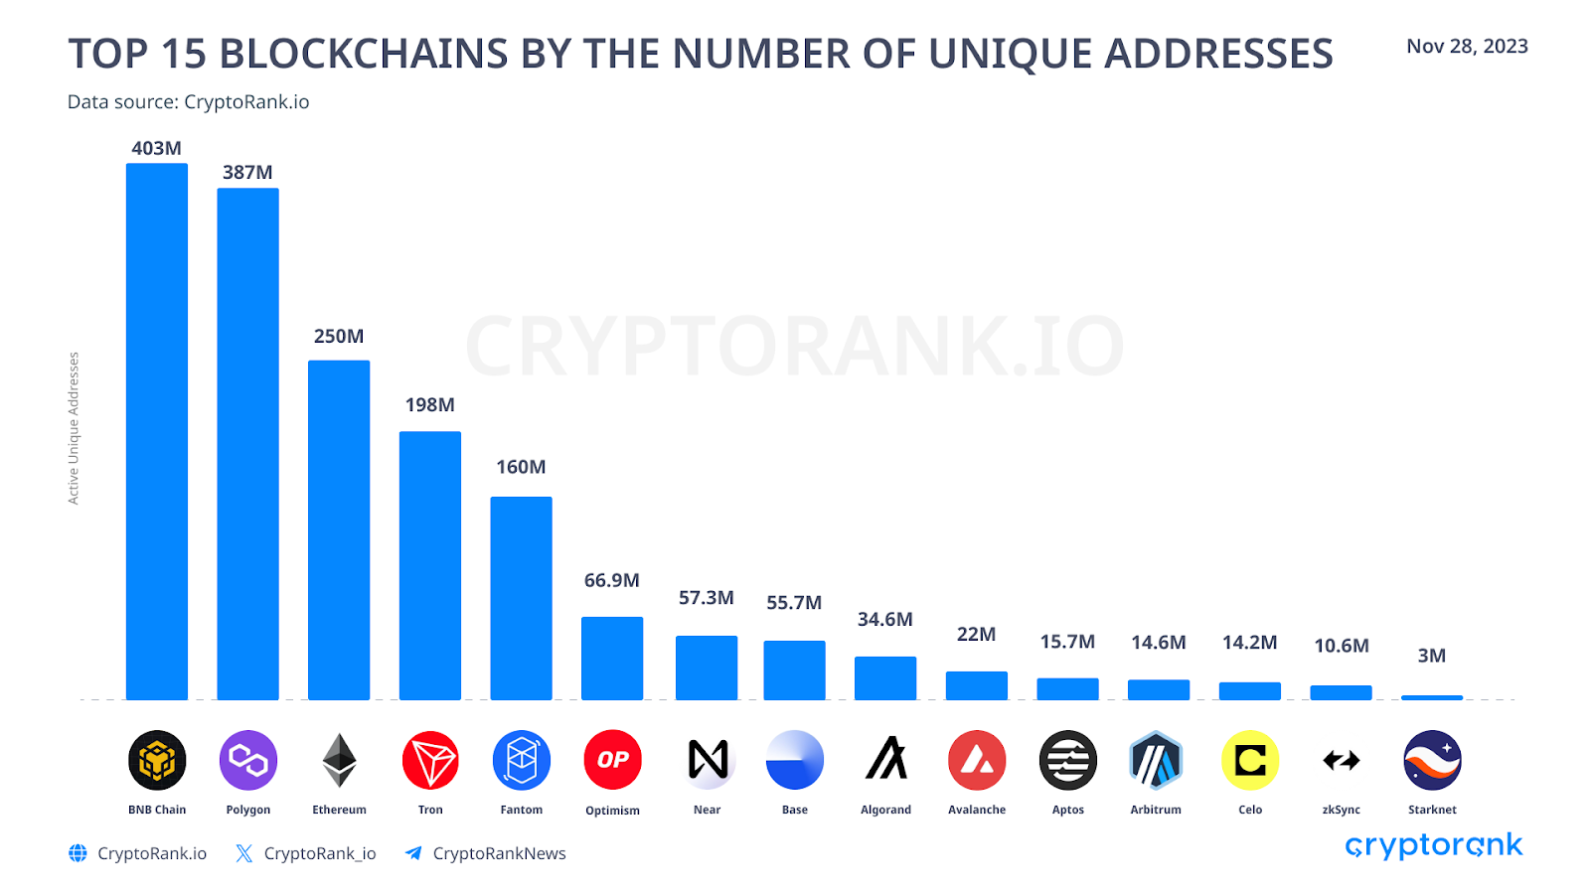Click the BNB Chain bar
pyautogui.click(x=157, y=432)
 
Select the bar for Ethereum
pyautogui.click(x=339, y=530)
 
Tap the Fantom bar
pyautogui.click(x=521, y=598)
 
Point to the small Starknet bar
pyautogui.click(x=1432, y=697)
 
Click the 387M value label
pyautogui.click(x=247, y=173)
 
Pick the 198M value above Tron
pyautogui.click(x=429, y=405)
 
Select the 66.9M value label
pyautogui.click(x=611, y=580)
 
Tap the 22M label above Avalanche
pyautogui.click(x=976, y=634)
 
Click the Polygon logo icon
pyautogui.click(x=248, y=761)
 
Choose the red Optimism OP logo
pyautogui.click(x=612, y=760)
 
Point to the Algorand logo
pyautogui.click(x=886, y=760)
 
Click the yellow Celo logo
pyautogui.click(x=1250, y=761)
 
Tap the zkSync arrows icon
pyautogui.click(x=1342, y=761)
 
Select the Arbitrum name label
pyautogui.click(x=1156, y=810)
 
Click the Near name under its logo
pyautogui.click(x=707, y=810)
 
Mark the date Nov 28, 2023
pyautogui.click(x=1467, y=47)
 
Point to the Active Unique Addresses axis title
pyautogui.click(x=74, y=428)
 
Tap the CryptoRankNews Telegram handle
pyautogui.click(x=499, y=853)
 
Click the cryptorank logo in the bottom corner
pyautogui.click(x=1433, y=845)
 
